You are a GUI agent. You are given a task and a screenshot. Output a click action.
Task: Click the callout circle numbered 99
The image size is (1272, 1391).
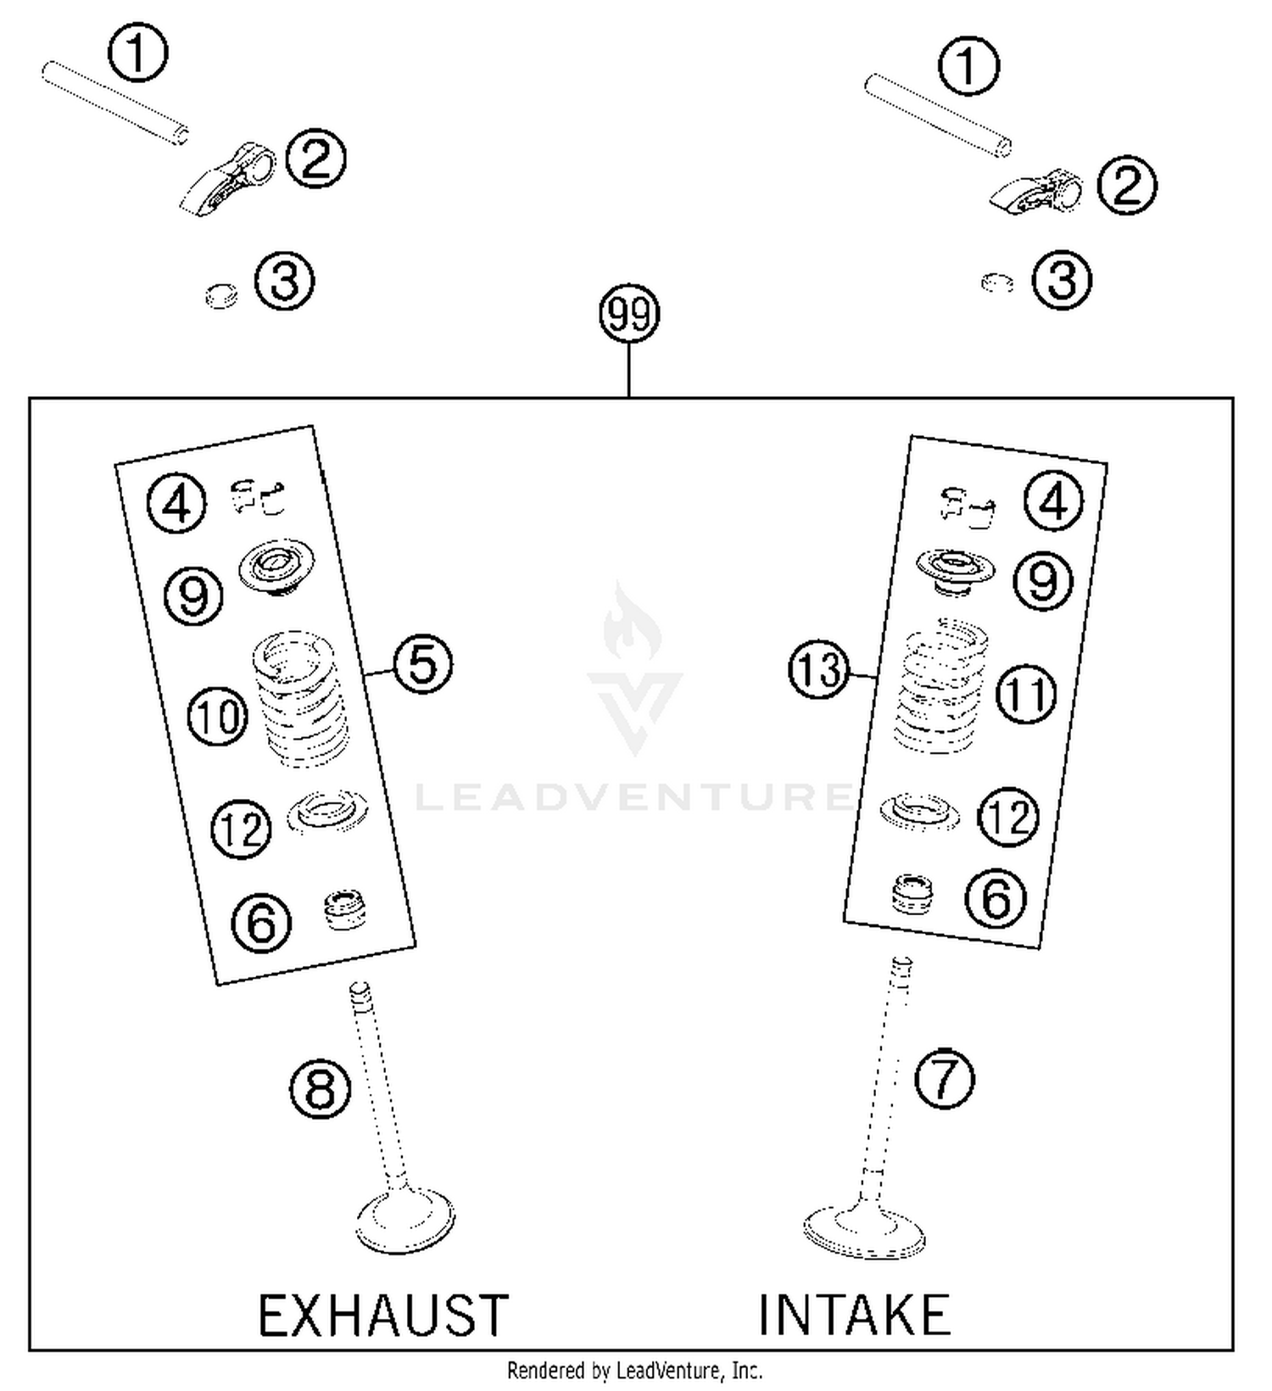point(629,315)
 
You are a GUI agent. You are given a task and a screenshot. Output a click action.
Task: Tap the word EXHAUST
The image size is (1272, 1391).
point(383,1316)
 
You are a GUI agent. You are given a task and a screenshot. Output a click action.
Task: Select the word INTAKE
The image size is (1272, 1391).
point(854,1316)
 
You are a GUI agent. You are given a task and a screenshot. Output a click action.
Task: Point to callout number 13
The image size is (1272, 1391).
point(819,671)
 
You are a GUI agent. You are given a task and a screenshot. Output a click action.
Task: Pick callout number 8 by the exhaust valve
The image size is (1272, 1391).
point(321,1088)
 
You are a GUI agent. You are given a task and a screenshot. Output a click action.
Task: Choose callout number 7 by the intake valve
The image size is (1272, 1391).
point(945,1079)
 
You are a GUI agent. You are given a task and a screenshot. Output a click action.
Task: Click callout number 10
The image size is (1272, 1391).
point(218,717)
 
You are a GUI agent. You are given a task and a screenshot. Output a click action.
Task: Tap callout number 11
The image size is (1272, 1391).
point(1026,695)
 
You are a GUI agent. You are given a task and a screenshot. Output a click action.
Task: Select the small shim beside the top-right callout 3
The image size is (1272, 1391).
point(997,282)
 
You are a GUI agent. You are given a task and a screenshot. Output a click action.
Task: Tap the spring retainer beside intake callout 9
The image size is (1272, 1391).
point(956,570)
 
